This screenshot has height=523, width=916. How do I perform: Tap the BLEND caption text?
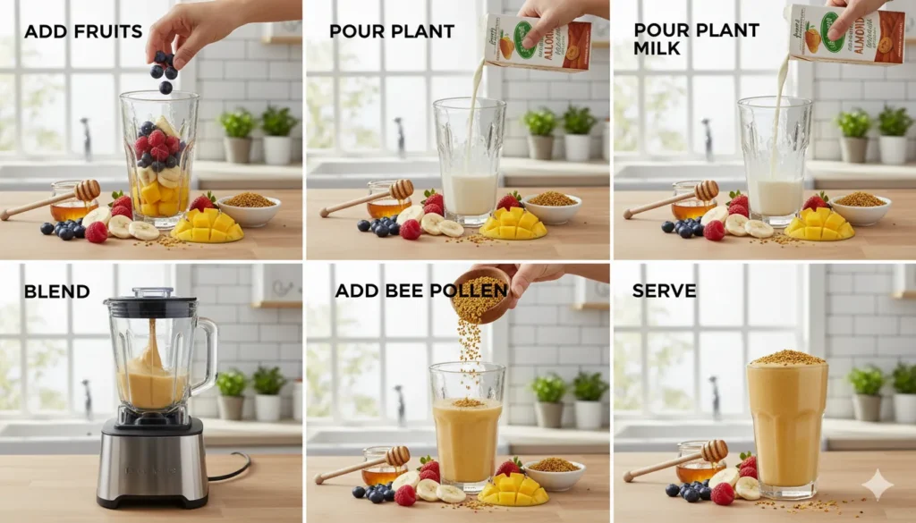click(x=57, y=291)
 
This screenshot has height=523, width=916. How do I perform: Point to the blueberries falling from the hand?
click(x=164, y=70)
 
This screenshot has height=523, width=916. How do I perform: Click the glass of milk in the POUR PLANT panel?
click(x=469, y=170)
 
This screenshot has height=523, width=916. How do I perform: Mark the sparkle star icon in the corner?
click(x=878, y=485)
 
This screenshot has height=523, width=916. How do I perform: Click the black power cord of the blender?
click(x=231, y=469)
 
